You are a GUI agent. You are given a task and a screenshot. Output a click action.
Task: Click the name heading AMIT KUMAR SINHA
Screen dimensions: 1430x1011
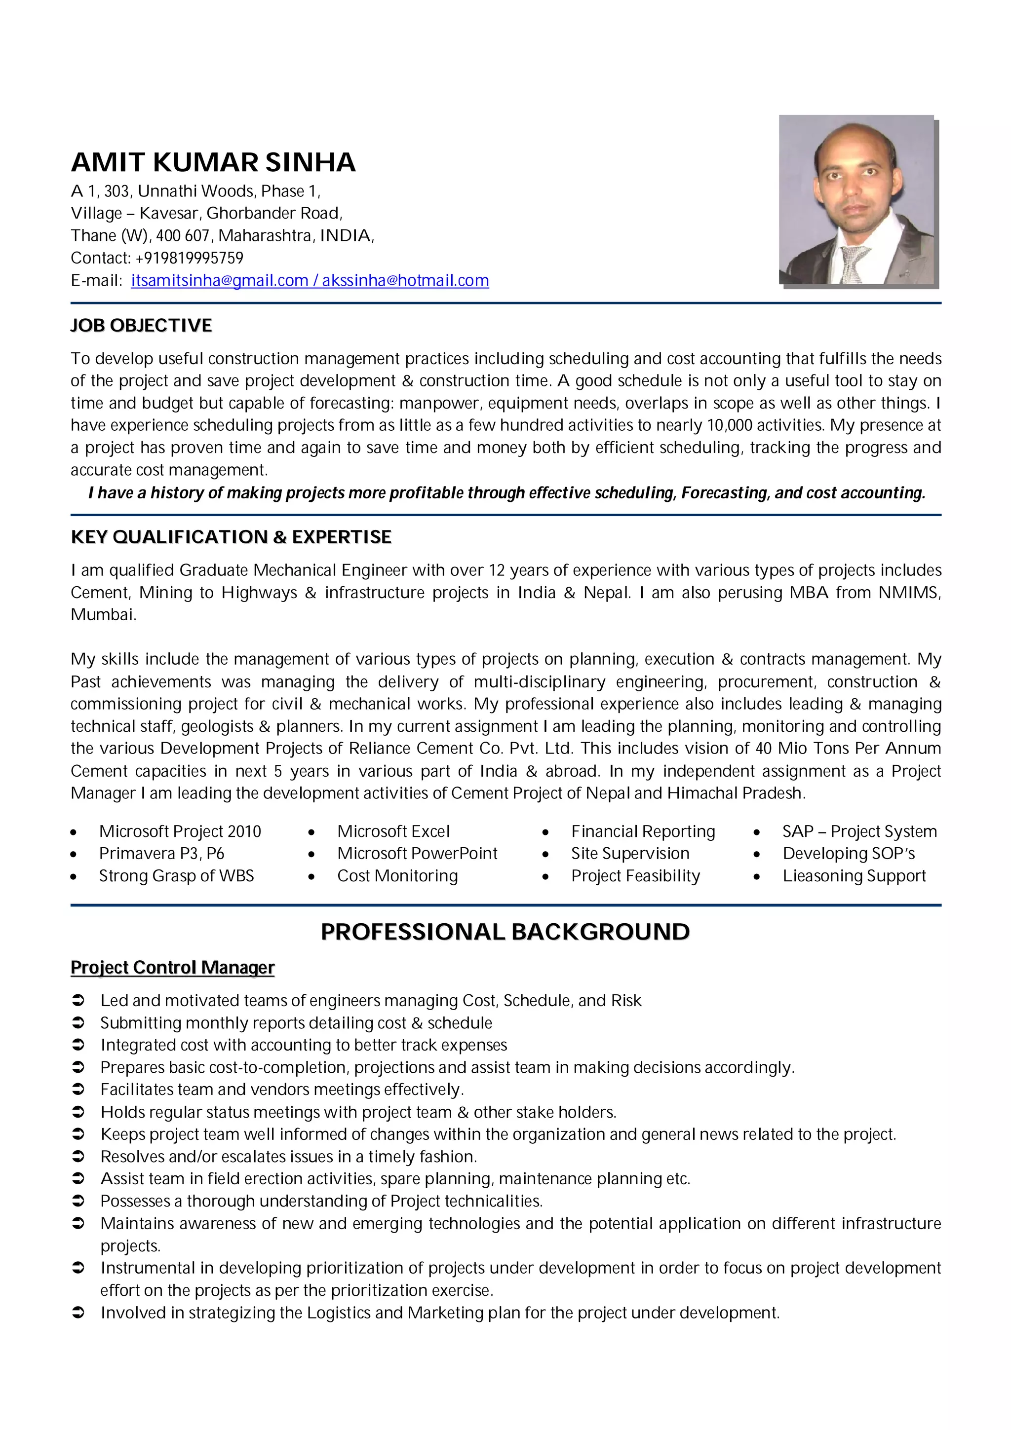(x=213, y=162)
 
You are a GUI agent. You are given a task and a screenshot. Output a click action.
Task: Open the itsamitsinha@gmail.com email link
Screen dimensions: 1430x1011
(x=219, y=281)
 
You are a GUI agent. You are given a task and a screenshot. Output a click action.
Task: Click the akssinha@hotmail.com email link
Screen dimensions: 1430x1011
(x=405, y=281)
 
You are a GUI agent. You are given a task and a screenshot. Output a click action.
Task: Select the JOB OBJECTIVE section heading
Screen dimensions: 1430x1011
(x=141, y=326)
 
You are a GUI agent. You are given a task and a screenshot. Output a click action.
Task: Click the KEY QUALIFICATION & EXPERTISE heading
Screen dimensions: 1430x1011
(x=231, y=537)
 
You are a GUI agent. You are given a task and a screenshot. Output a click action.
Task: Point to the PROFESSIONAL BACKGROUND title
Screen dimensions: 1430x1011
(x=505, y=932)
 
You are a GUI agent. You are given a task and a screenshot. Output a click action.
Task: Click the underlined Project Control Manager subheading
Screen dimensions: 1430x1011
(x=173, y=968)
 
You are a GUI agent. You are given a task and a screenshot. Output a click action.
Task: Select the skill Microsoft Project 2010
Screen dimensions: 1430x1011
(x=180, y=831)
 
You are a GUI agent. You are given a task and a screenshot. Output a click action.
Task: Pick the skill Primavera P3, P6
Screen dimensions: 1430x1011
(x=161, y=853)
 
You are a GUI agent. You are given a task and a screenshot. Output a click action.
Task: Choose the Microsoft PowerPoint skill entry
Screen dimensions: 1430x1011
(x=417, y=853)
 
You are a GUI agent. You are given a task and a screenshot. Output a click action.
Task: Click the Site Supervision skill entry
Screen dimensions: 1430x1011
(x=630, y=853)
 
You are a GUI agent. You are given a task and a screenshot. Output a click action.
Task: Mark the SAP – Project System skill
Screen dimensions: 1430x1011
(x=859, y=831)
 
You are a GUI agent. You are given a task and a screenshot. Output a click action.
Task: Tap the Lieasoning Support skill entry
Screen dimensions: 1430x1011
(x=854, y=876)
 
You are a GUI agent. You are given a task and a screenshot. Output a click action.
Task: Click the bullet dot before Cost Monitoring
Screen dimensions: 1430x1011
(x=311, y=877)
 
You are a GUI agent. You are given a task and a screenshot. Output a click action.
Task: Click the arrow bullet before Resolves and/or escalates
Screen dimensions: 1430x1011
(x=78, y=1157)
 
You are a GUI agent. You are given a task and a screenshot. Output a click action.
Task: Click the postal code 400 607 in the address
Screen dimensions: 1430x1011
(x=183, y=235)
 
